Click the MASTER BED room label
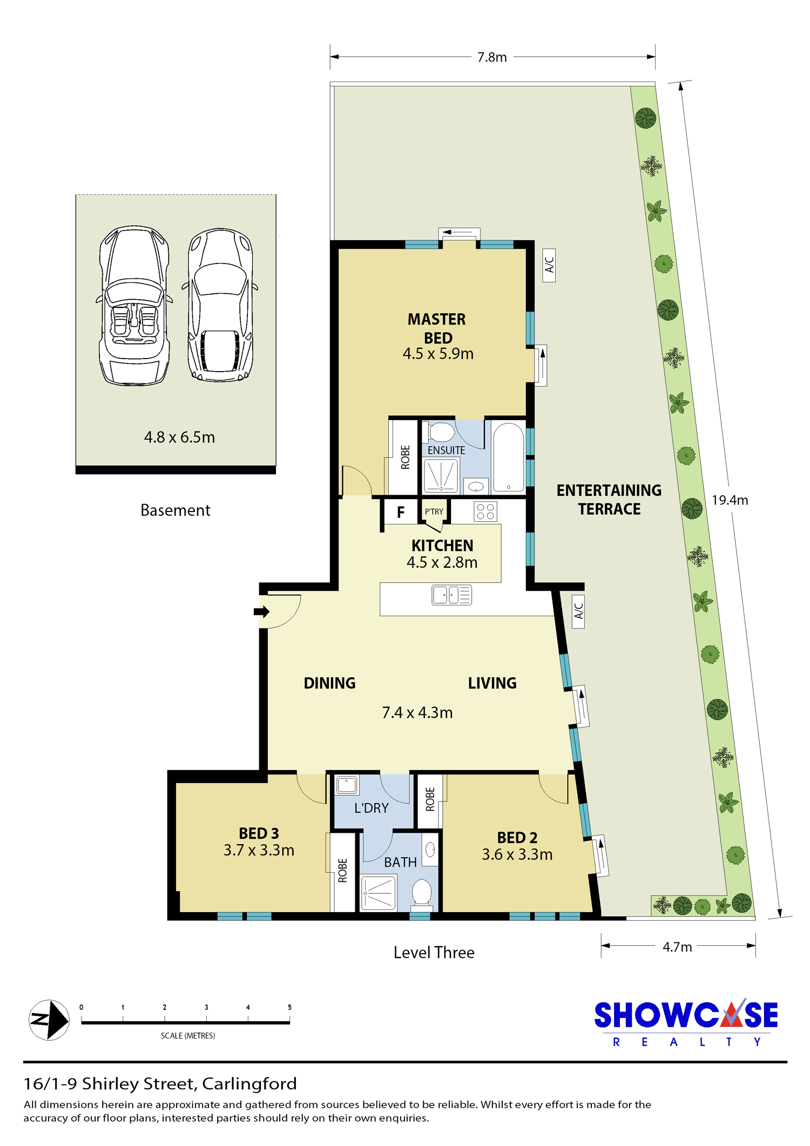tap(437, 328)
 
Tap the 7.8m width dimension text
tap(492, 57)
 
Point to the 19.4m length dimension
tap(730, 500)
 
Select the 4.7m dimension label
tap(677, 947)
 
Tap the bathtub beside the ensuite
tap(508, 457)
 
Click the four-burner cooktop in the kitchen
tap(485, 511)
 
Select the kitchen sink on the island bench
tap(452, 595)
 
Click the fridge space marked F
tap(401, 512)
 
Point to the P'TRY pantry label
tap(434, 511)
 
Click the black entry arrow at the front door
tap(261, 612)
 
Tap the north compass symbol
tap(49, 1020)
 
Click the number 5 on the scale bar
tap(289, 1007)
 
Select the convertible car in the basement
tap(134, 306)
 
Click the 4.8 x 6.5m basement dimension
tap(179, 437)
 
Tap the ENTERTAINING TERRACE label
tap(609, 500)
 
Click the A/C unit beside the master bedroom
tap(549, 265)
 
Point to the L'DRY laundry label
tap(372, 808)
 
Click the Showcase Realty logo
tap(686, 1022)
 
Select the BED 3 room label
tap(259, 833)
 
